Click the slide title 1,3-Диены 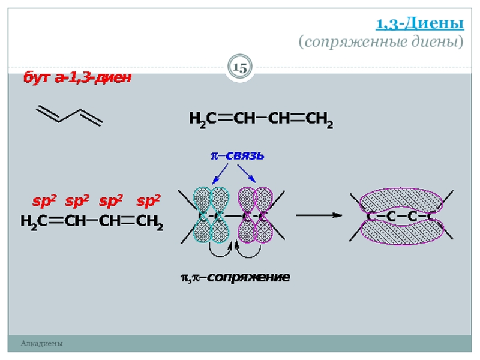click(419, 24)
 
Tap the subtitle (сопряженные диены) click(381, 42)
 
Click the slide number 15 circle click(240, 68)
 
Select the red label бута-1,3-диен click(77, 79)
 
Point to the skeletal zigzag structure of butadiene click(70, 115)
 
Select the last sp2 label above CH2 click(148, 201)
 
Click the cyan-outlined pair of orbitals click(212, 215)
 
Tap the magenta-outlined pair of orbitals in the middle click(255, 215)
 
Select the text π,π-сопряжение click(235, 278)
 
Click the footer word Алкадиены click(41, 343)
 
